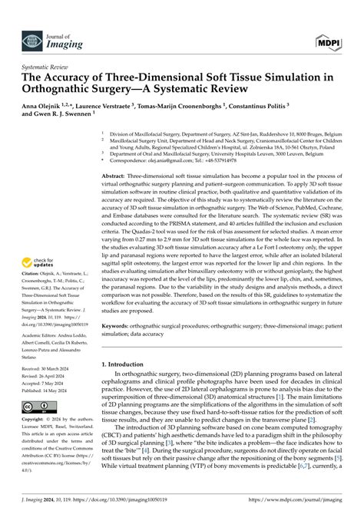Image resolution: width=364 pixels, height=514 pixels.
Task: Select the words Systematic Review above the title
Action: [41, 68]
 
